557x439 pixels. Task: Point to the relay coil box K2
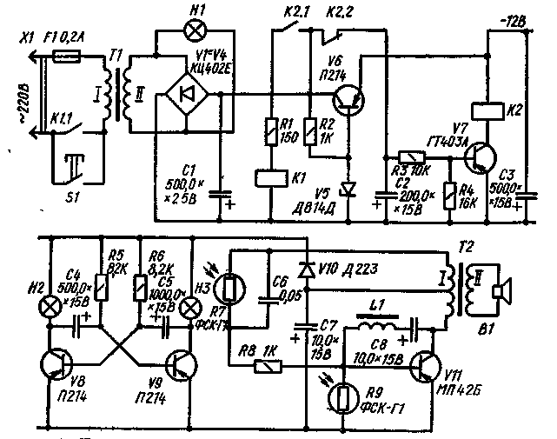tap(482, 110)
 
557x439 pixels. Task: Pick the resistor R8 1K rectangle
tap(264, 366)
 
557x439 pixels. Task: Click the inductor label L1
tap(378, 307)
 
